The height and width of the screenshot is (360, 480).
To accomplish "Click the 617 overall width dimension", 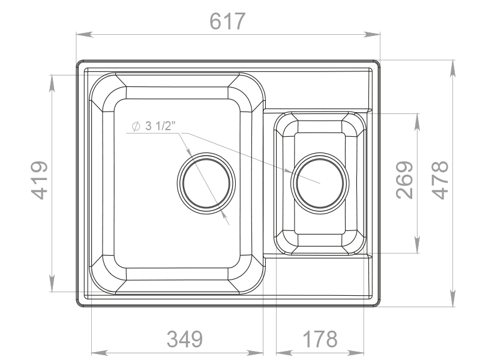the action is point(227,22).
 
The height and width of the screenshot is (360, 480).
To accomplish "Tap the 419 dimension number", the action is point(40,181).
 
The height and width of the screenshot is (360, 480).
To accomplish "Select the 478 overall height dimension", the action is point(440,181).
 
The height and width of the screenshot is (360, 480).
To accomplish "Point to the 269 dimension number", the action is point(404,181).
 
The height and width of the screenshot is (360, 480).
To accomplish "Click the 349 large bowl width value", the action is point(185,339).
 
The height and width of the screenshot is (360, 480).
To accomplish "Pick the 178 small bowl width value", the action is point(320,339).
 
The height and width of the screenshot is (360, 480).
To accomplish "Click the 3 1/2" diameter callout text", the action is point(160,126).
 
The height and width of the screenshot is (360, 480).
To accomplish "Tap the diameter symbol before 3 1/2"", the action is point(136,126).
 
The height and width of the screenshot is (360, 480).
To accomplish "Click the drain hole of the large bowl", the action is point(206,183).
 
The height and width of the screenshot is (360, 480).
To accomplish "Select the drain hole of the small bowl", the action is point(320,183).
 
